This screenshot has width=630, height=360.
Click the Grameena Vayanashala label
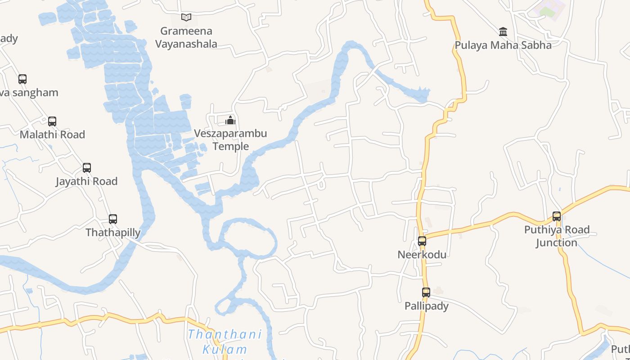pos(186,37)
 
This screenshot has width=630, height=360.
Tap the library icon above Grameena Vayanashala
pos(186,17)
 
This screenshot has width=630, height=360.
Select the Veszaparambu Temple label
pos(230,140)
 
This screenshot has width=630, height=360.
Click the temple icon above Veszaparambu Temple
pos(230,120)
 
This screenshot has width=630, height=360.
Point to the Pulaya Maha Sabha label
pos(503,45)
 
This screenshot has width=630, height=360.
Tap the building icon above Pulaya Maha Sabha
pos(503,31)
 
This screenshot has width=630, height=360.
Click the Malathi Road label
pos(52,135)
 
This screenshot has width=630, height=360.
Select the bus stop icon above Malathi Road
pos(52,121)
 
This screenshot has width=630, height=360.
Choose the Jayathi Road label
pos(86,181)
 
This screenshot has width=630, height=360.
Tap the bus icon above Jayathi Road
pos(87,168)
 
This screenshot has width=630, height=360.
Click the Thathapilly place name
pos(113,233)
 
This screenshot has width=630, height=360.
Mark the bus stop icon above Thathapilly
pos(113,219)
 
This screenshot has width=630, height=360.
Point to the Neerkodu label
pos(422,255)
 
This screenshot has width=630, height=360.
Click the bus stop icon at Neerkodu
pos(422,241)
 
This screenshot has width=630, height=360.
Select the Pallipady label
pos(426,306)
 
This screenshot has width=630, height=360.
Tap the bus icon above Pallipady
pos(426,292)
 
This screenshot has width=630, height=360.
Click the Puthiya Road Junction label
pos(557,236)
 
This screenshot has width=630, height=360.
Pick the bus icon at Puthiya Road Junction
pos(557,216)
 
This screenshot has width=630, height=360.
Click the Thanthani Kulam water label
pos(225,342)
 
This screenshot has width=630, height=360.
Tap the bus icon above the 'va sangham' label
pos(22,79)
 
